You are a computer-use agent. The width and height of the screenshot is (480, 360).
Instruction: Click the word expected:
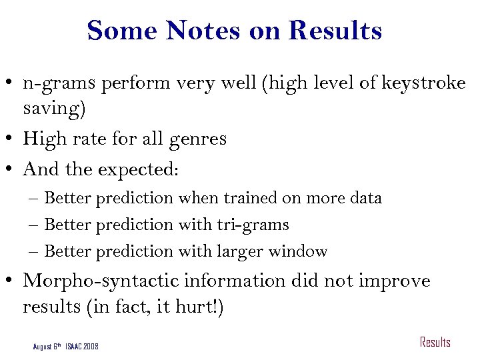tap(138, 169)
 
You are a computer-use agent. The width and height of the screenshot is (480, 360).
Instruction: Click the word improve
tap(395, 281)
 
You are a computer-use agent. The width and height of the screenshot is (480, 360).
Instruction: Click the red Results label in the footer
tap(435, 343)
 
